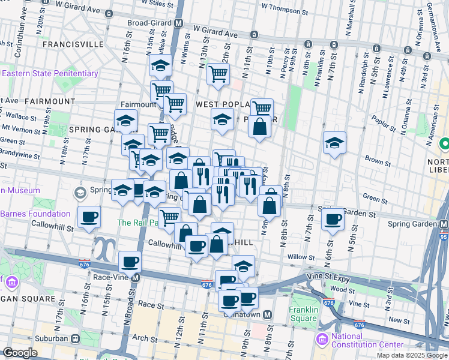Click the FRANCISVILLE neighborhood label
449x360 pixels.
(x=70, y=44)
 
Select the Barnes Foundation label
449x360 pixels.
(x=35, y=214)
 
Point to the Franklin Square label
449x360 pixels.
(x=303, y=314)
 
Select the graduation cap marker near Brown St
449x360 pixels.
(x=334, y=143)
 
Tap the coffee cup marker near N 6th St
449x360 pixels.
(x=333, y=219)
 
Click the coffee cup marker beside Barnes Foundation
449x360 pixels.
(x=89, y=217)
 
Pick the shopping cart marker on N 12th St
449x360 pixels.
(x=218, y=74)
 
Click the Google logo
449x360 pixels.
(x=20, y=353)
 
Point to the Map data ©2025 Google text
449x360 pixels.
(x=411, y=355)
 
